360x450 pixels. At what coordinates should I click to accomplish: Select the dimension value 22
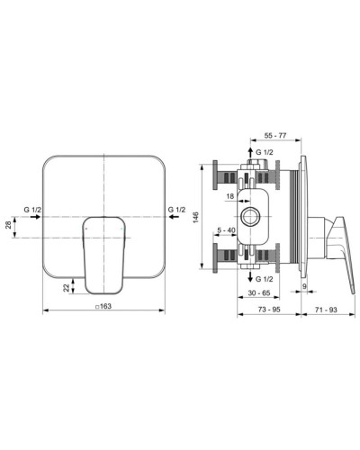pos(67,287)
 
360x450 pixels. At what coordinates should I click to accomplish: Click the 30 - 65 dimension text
pos(263,294)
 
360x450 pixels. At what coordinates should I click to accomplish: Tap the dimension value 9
pos(306,287)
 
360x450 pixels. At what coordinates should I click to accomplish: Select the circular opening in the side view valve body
pos(250,217)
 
